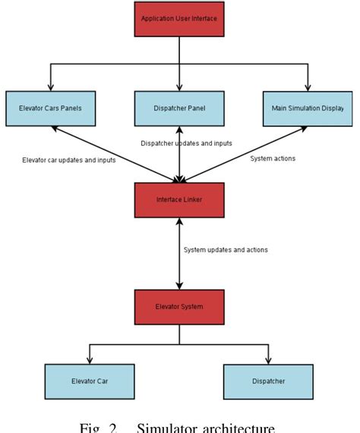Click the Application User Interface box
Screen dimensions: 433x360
(x=179, y=17)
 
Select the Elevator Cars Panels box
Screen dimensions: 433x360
(x=50, y=109)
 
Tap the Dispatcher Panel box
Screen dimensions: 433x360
(x=179, y=109)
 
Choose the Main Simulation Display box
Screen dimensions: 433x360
(x=308, y=109)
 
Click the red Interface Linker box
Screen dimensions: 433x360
(x=179, y=200)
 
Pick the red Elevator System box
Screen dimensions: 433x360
(x=179, y=307)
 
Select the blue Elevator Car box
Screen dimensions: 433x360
(x=90, y=382)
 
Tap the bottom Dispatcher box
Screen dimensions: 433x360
(x=268, y=382)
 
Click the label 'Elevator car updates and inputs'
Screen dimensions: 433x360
(x=69, y=161)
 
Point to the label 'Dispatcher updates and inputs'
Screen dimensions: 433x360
(x=187, y=144)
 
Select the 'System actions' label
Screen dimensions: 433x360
(x=273, y=158)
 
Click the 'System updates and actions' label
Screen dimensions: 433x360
(x=226, y=249)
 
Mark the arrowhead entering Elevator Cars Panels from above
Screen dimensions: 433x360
(x=50, y=87)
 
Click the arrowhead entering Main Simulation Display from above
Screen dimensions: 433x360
(x=308, y=87)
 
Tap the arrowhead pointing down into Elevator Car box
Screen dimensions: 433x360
(x=90, y=360)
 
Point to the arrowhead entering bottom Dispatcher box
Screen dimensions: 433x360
(x=268, y=360)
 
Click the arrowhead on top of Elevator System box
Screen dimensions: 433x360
(x=179, y=286)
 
